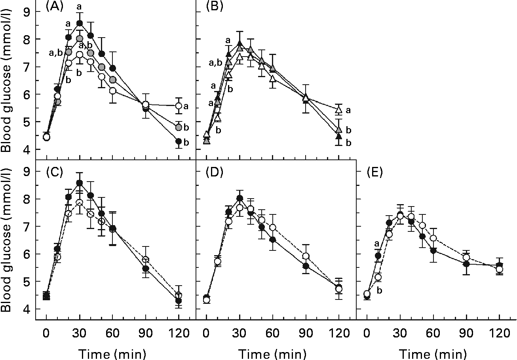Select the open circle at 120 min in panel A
coord(179,106)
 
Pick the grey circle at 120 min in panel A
coord(179,127)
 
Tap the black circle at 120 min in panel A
coord(179,141)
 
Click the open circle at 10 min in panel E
coord(378,277)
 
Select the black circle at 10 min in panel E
coord(378,256)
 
